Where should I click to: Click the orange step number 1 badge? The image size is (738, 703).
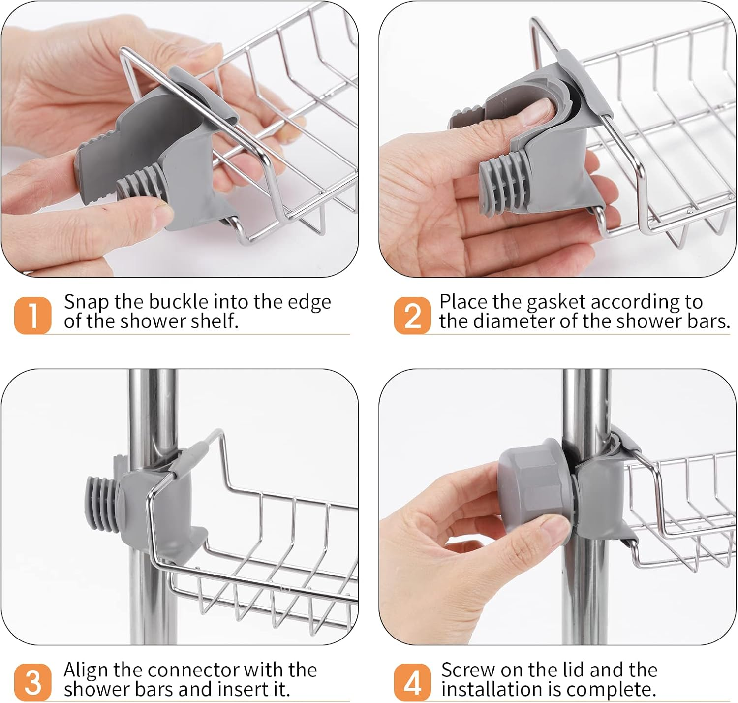click(x=32, y=315)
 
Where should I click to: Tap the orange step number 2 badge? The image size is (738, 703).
click(x=412, y=315)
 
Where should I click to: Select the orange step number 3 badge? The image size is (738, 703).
click(x=32, y=682)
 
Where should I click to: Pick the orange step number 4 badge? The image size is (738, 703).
click(x=412, y=682)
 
